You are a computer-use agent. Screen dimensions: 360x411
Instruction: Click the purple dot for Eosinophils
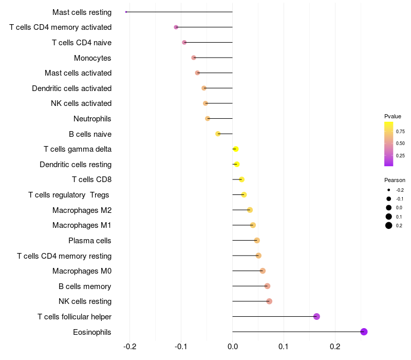point(364,332)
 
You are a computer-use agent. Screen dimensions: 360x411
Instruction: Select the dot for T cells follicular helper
point(316,316)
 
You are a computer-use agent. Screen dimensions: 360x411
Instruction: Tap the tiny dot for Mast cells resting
point(126,12)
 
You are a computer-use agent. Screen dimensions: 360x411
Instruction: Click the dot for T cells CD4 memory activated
point(176,27)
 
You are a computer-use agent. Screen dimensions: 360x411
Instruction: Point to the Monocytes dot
point(194,58)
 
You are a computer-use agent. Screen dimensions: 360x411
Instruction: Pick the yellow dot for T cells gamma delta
point(235,149)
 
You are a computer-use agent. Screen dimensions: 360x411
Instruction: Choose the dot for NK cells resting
point(269,301)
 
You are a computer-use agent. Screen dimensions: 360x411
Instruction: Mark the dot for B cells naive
point(218,134)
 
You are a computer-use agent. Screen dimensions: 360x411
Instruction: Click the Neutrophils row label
point(92,119)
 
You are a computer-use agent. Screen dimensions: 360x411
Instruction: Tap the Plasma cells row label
point(90,241)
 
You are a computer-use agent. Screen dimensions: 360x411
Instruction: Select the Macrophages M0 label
point(82,271)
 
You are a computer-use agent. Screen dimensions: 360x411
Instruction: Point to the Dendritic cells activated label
point(71,88)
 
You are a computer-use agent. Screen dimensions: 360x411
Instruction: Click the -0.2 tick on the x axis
point(130,347)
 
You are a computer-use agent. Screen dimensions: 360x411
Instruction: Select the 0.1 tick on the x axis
point(284,347)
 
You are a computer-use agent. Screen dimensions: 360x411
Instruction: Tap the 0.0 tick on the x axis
point(232,347)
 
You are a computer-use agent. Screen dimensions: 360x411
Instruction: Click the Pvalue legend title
point(393,116)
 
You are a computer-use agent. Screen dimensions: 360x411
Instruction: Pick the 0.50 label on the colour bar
point(400,143)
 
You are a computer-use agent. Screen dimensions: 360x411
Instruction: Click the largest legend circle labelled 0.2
point(389,225)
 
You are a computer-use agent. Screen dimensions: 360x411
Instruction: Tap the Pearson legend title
point(395,180)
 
